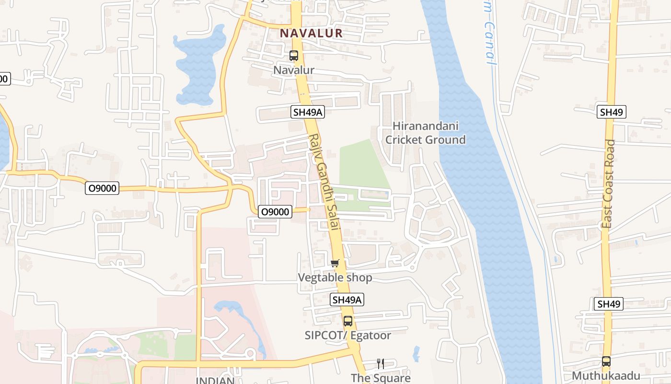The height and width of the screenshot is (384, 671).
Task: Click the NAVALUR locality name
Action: coord(312,33)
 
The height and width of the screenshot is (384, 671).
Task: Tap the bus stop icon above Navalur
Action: coord(294,56)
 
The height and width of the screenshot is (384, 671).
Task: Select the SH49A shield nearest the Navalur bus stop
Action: coord(308,112)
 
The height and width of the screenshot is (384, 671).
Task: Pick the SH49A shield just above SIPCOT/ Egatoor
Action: coord(347,300)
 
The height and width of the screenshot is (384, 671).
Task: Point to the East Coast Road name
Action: coord(609,183)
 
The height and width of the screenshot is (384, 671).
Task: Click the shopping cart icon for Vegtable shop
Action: coord(335,263)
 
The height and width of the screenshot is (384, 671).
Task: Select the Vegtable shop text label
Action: coord(335,277)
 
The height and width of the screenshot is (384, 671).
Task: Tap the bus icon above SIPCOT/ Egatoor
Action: coord(348,321)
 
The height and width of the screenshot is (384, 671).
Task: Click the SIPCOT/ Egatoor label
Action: coord(348,335)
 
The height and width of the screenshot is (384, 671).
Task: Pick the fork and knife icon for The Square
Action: coord(381,364)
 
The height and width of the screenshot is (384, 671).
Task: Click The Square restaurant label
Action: coord(381,378)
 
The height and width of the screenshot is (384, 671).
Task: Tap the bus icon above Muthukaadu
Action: coord(606,361)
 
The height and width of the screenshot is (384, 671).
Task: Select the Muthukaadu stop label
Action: coord(606,375)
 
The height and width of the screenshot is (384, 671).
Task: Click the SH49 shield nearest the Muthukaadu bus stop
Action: coord(609,304)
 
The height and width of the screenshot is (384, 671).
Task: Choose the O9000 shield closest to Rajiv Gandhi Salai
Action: coord(275,211)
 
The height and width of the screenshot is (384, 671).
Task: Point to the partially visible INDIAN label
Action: coord(215,380)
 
